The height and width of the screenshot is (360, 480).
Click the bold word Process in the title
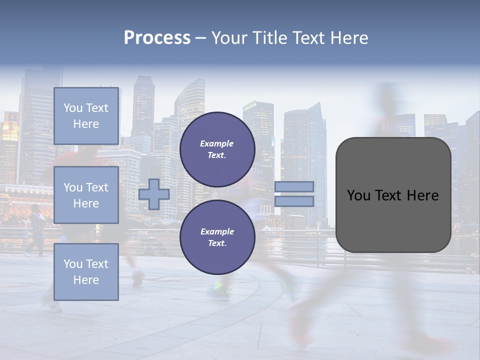pyautogui.click(x=157, y=38)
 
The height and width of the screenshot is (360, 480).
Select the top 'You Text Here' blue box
pyautogui.click(x=86, y=116)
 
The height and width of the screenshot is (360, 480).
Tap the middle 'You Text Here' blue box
pyautogui.click(x=86, y=195)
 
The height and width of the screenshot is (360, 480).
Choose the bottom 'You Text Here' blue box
pyautogui.click(x=86, y=271)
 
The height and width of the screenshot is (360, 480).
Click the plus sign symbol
pyautogui.click(x=154, y=194)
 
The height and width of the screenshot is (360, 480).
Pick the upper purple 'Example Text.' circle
pyautogui.click(x=217, y=149)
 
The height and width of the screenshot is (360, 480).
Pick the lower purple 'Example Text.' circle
pyautogui.click(x=217, y=237)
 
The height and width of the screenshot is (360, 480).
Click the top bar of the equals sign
pyautogui.click(x=294, y=186)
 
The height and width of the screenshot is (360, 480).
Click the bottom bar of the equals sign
pyautogui.click(x=294, y=201)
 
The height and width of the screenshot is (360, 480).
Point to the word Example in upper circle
pyautogui.click(x=217, y=143)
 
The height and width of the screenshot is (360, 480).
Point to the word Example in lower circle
pyautogui.click(x=217, y=231)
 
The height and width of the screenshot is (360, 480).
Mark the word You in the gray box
pyautogui.click(x=358, y=195)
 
